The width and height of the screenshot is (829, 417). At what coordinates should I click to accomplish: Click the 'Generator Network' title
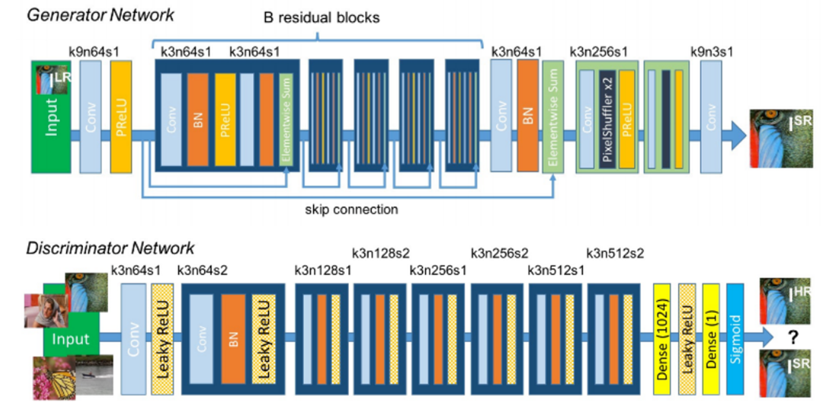coord(101,15)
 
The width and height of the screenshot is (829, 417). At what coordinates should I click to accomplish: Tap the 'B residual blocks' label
coord(322,17)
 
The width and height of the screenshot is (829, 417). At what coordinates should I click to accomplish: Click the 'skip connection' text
coord(351,210)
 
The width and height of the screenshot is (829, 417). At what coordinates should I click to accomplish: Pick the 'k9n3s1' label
coord(712,52)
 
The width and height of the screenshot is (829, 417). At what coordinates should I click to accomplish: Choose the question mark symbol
coord(793,338)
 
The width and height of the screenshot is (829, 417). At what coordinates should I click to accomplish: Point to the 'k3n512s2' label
coord(615,252)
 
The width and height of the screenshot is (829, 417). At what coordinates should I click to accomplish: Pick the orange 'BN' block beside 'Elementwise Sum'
coord(528,116)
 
